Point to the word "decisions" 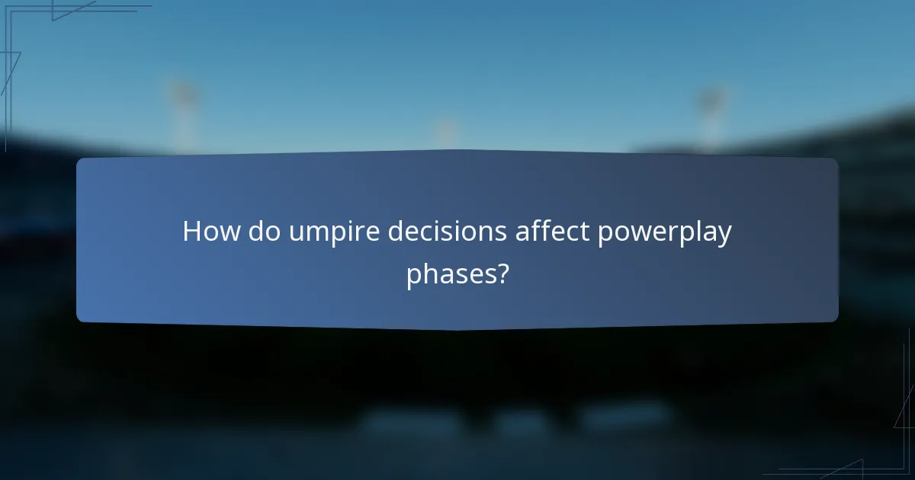coord(447,232)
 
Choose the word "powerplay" coord(664,233)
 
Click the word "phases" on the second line coord(451,274)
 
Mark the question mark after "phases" coord(502,273)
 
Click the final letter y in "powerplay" coord(725,236)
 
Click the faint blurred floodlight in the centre coord(446,130)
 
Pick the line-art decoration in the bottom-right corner coord(877,450)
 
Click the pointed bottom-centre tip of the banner coord(457,329)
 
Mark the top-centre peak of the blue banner coord(457,151)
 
